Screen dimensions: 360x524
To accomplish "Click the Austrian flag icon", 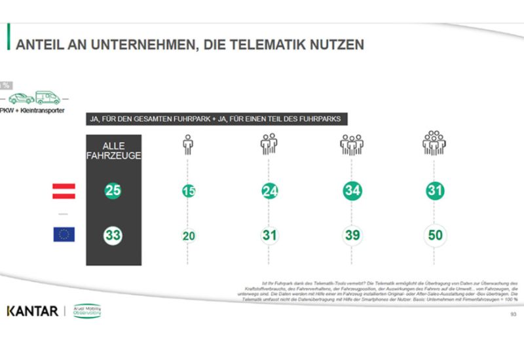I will tap(64, 191).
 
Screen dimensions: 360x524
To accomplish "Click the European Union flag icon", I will tap(64, 234).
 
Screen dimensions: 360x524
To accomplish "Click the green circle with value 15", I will tap(189, 191).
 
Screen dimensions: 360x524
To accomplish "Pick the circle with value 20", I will tap(189, 235).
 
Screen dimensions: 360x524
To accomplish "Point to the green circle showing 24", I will tap(270, 191).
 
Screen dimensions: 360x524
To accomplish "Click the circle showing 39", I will tap(352, 235).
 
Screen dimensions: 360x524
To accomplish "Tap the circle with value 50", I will tap(434, 235).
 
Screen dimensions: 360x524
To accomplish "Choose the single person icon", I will tap(189, 143).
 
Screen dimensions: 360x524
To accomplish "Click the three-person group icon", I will tap(270, 143).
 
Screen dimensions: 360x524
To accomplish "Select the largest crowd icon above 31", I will tap(434, 142).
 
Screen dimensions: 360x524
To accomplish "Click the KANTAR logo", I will tap(32, 310).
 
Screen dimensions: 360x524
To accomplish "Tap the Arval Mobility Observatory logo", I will tap(86, 311).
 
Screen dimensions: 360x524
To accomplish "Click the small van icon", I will tap(48, 98).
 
